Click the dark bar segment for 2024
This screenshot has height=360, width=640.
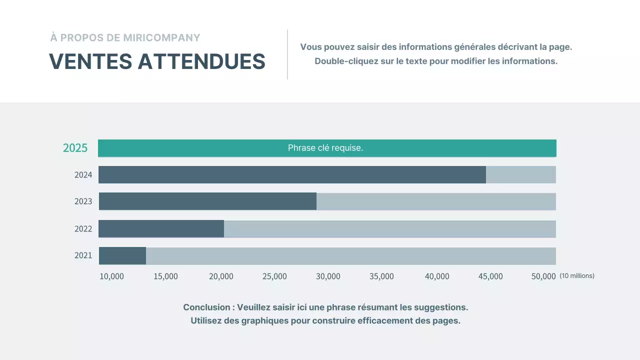tap(292, 174)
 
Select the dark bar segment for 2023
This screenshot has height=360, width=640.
tap(207, 201)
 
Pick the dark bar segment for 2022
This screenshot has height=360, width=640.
tap(161, 228)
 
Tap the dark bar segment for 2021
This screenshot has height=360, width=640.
tap(122, 255)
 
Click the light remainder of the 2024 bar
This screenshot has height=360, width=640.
tap(520, 174)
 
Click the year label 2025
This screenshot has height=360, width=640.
tap(75, 148)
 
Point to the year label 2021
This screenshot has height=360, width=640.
tap(83, 255)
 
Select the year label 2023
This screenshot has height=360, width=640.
tap(83, 201)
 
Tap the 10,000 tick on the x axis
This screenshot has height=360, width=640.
tap(111, 276)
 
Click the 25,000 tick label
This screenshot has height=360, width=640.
tap(274, 276)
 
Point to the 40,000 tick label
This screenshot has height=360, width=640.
tap(437, 276)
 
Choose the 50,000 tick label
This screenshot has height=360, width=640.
tap(543, 276)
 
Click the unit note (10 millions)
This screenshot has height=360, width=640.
tap(577, 275)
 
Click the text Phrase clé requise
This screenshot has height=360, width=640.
tap(325, 148)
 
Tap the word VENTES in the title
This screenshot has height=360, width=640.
tap(90, 61)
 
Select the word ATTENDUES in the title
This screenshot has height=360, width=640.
tap(201, 61)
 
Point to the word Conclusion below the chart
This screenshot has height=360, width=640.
tap(205, 307)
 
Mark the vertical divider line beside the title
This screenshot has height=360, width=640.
tap(287, 54)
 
